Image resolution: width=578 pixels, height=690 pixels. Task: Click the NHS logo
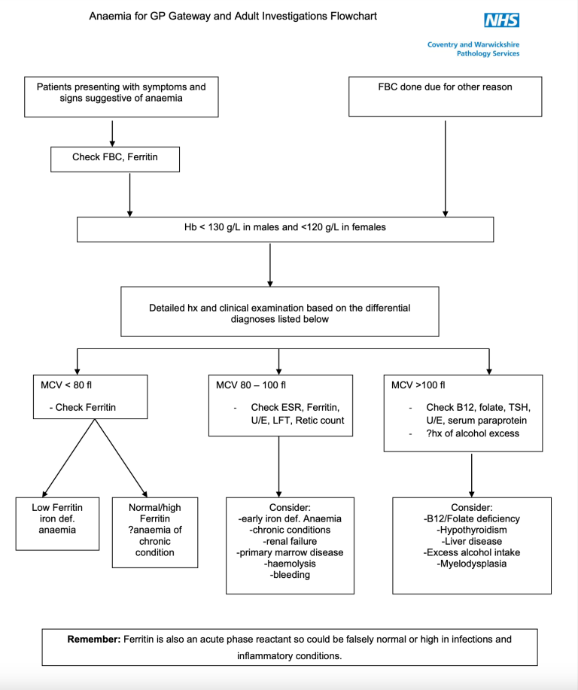501,20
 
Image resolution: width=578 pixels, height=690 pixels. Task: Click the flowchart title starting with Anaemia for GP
233,16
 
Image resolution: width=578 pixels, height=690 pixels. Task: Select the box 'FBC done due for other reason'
445,96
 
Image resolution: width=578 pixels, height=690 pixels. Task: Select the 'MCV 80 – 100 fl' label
248,385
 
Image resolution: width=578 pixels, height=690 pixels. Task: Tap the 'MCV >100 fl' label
418,385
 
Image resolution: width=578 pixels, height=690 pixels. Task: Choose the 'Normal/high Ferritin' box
155,530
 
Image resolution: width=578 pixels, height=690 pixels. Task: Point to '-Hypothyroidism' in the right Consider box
471,530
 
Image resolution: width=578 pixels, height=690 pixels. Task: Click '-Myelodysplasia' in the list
471,564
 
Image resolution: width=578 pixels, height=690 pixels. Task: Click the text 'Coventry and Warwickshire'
473,44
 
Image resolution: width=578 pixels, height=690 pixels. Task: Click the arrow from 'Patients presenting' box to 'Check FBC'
112,132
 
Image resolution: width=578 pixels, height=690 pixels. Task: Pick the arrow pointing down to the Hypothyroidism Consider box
471,474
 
